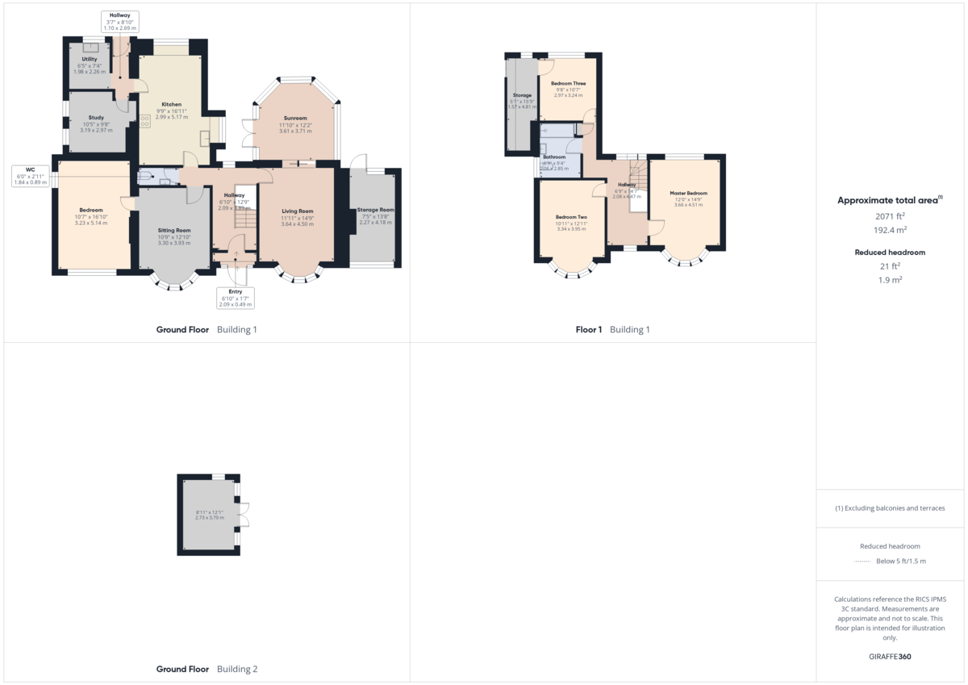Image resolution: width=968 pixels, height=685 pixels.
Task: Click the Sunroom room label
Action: tap(295, 119)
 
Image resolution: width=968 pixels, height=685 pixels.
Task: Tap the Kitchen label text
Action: tap(171, 105)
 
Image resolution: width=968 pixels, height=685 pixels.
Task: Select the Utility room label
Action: tap(89, 59)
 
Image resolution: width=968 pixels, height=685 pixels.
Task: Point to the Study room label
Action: tap(95, 118)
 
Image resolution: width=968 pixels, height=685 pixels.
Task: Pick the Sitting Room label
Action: tap(173, 230)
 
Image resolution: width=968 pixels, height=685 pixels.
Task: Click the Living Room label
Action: tap(297, 211)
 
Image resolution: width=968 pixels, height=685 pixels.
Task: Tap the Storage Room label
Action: tap(376, 210)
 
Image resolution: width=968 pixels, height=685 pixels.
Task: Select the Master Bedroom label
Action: tap(688, 194)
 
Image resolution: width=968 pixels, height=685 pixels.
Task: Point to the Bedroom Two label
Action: tap(570, 217)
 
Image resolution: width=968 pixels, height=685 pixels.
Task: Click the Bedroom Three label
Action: tap(568, 83)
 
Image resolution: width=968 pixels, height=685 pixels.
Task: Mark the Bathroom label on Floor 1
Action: tap(554, 157)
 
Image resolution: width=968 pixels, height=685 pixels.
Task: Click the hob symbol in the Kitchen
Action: tap(145, 122)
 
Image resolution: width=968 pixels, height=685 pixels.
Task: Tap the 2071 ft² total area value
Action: tap(891, 216)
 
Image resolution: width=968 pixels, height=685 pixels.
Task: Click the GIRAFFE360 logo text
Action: tap(891, 657)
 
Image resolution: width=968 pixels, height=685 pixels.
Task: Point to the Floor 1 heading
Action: tap(589, 329)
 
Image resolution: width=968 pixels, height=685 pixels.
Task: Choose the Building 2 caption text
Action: tap(237, 669)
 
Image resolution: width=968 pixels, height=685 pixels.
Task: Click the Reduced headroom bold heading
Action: tap(891, 253)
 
